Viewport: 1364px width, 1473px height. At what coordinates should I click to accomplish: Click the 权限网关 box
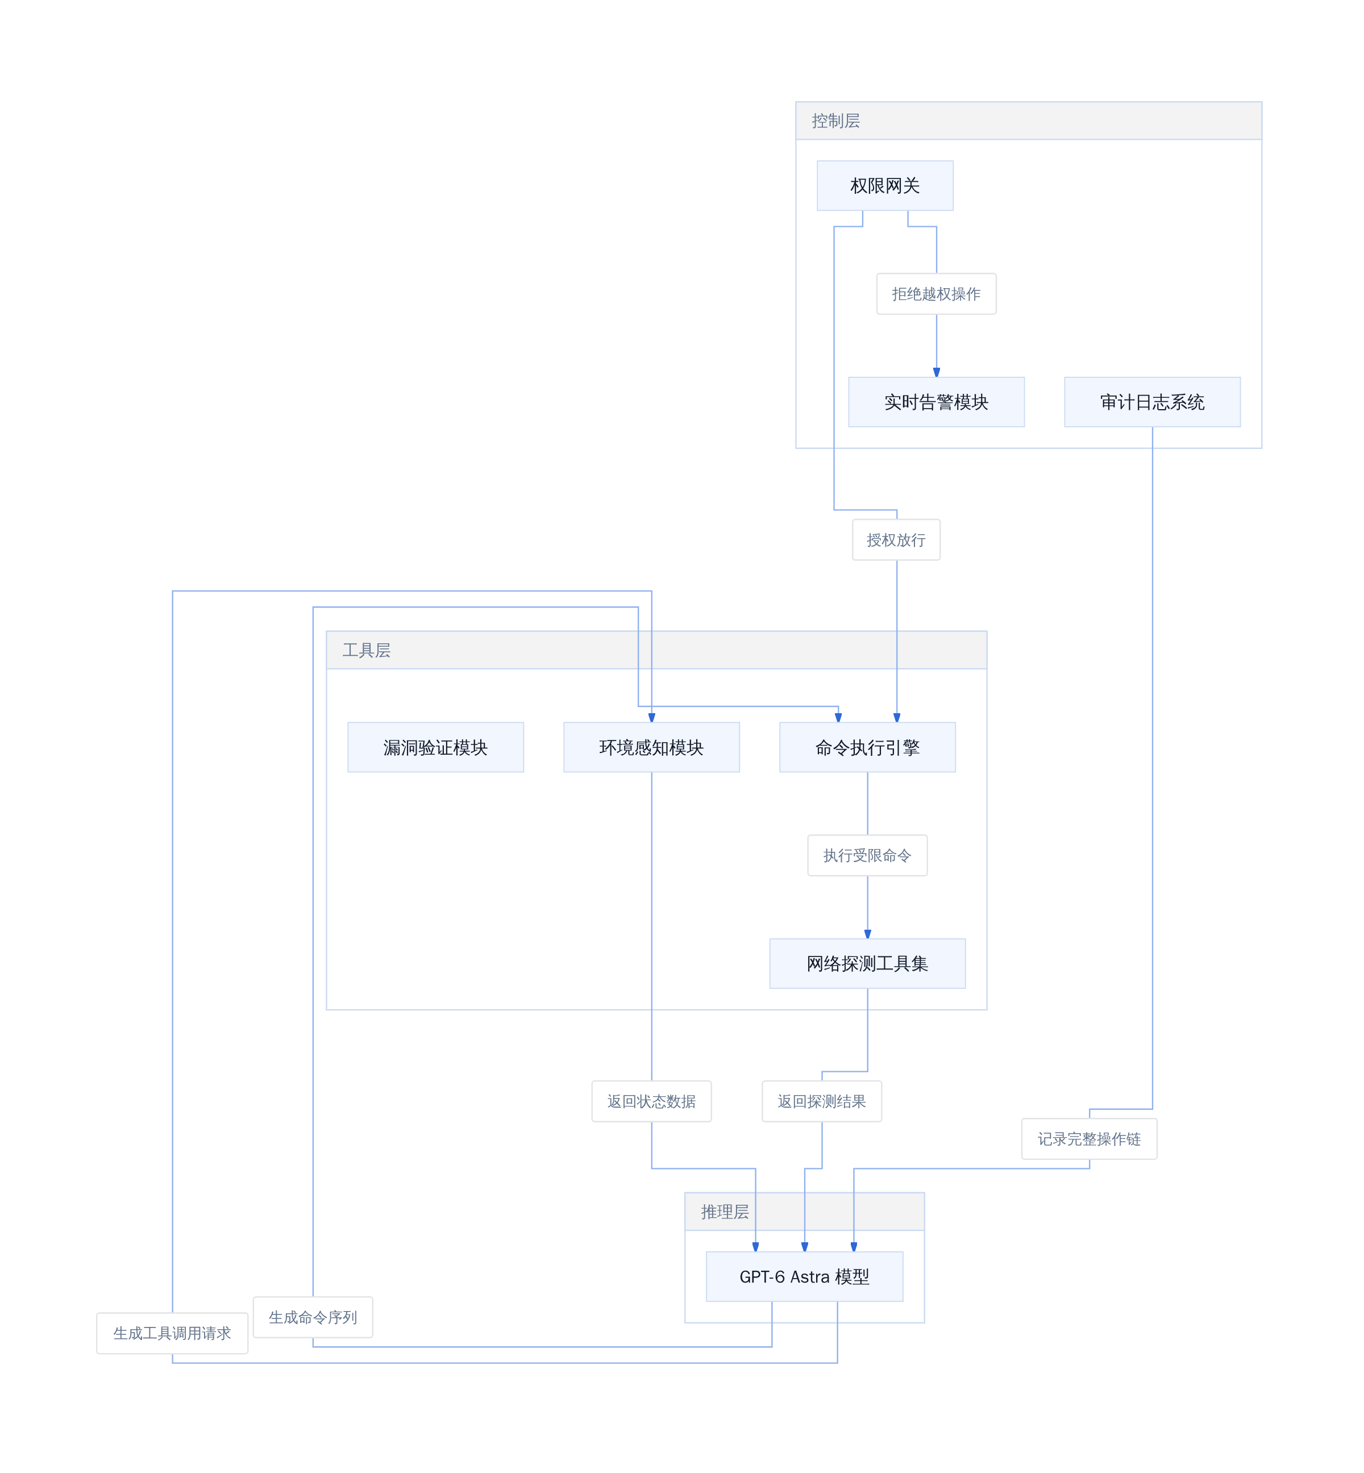[x=885, y=185]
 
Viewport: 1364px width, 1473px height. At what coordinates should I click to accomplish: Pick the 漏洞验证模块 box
[x=435, y=747]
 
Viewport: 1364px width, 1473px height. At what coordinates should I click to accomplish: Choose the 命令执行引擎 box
[x=867, y=747]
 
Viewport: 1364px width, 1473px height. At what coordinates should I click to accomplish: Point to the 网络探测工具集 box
[x=867, y=963]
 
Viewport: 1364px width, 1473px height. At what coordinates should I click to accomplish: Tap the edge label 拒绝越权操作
[x=936, y=294]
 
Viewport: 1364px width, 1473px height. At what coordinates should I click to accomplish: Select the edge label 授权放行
[x=896, y=539]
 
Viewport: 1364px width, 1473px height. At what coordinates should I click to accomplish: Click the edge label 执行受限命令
[x=867, y=855]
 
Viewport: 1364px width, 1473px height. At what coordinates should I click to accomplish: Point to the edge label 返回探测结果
[x=821, y=1101]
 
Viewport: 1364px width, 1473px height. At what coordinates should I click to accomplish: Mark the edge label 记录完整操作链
[x=1089, y=1139]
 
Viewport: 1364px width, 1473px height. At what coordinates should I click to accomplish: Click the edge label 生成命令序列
[x=313, y=1317]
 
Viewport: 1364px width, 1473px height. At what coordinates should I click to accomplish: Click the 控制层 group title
[x=835, y=120]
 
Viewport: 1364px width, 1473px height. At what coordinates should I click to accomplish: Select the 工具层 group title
[x=366, y=650]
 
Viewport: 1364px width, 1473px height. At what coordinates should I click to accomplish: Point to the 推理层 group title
[x=725, y=1212]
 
